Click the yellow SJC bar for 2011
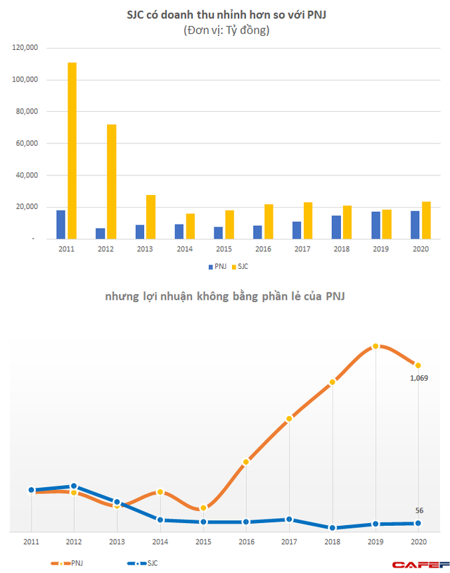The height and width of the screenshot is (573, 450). coord(72,151)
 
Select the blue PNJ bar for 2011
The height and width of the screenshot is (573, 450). coord(61,225)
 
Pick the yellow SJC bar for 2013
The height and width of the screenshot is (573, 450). coord(150,217)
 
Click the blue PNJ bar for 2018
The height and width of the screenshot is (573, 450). coord(337,227)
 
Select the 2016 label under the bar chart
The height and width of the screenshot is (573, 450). coord(263,249)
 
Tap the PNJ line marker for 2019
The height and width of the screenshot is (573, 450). coord(375,346)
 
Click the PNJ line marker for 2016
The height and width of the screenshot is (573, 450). coord(245,462)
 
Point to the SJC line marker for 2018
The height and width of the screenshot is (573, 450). coord(333,527)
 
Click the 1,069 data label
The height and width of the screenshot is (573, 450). coord(419,378)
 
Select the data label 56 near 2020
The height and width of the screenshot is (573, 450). coord(419,511)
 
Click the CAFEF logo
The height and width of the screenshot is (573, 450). coord(418,564)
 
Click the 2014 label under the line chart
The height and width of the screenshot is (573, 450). coord(160,542)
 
